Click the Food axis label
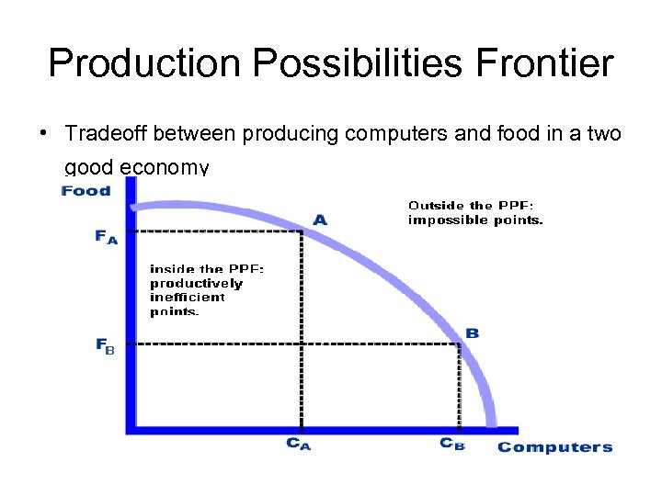(x=86, y=191)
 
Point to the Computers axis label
(x=554, y=447)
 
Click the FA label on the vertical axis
(x=107, y=236)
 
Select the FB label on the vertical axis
(x=106, y=346)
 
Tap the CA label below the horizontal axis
(x=299, y=444)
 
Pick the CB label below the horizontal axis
(x=452, y=444)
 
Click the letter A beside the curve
(x=320, y=220)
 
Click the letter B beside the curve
(x=472, y=333)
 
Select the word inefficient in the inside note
(x=187, y=298)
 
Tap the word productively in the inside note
(x=196, y=283)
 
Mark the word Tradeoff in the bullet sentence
(x=107, y=134)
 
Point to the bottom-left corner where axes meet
(x=131, y=429)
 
